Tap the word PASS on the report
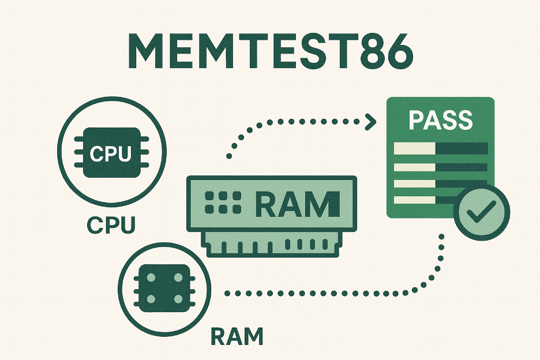[440, 120]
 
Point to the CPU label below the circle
[111, 225]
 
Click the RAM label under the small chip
[237, 337]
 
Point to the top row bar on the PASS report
[440, 148]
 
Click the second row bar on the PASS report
[440, 167]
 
